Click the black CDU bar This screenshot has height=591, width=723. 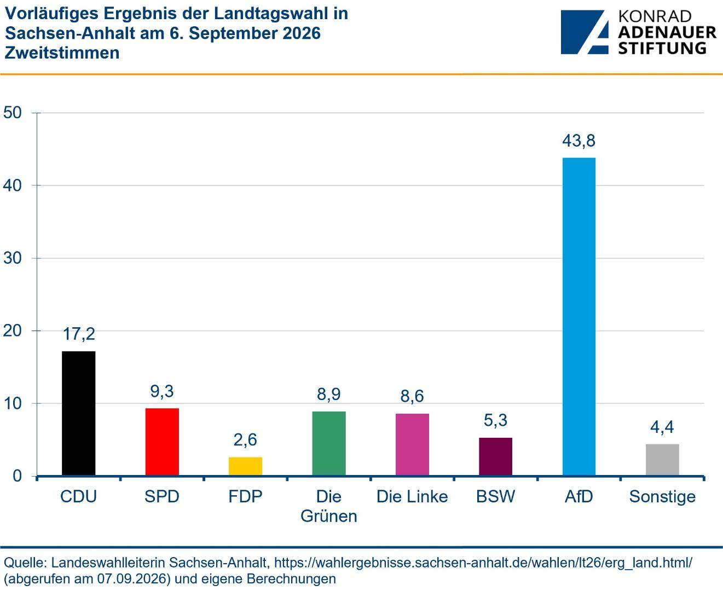click(78, 413)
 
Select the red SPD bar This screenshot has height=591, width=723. click(162, 442)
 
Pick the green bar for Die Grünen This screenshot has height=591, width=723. click(329, 443)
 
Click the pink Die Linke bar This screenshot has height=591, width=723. click(412, 444)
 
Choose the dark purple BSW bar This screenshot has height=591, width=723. click(495, 456)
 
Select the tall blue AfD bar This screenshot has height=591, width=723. click(579, 316)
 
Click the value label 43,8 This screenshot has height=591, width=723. click(579, 141)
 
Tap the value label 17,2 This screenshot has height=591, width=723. click(79, 334)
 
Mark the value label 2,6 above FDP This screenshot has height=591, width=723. click(245, 440)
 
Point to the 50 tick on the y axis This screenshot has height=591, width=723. click(13, 112)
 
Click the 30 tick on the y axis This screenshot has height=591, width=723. click(13, 258)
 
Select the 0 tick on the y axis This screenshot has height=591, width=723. click(17, 476)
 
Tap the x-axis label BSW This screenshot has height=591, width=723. click(495, 496)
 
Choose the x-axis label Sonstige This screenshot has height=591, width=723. click(662, 497)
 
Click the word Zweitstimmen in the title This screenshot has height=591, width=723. click(62, 53)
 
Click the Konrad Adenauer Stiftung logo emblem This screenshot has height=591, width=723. click(585, 32)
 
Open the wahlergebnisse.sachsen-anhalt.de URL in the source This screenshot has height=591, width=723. click(483, 563)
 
